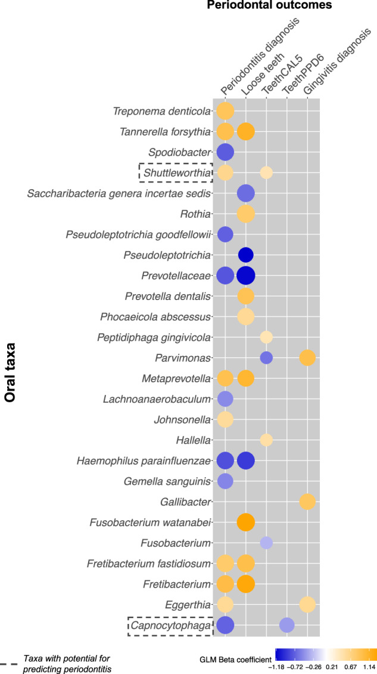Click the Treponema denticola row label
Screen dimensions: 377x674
coord(162,112)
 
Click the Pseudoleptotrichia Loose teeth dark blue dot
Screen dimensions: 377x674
coord(246,255)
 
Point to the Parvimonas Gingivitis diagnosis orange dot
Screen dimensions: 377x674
coord(307,358)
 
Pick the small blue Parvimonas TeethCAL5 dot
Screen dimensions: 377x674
coord(266,358)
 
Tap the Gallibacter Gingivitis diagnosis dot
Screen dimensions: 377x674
coord(307,501)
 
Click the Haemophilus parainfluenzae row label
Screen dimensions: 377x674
coord(144,460)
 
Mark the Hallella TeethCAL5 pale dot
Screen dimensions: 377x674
coord(266,440)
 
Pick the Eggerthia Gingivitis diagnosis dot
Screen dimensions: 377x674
coord(307,604)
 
